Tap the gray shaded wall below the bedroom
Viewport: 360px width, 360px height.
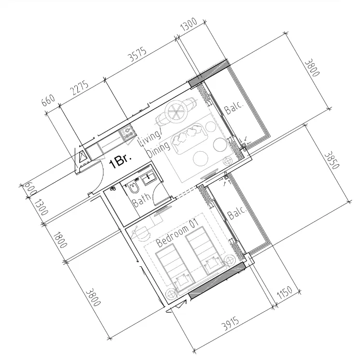[217, 283]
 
